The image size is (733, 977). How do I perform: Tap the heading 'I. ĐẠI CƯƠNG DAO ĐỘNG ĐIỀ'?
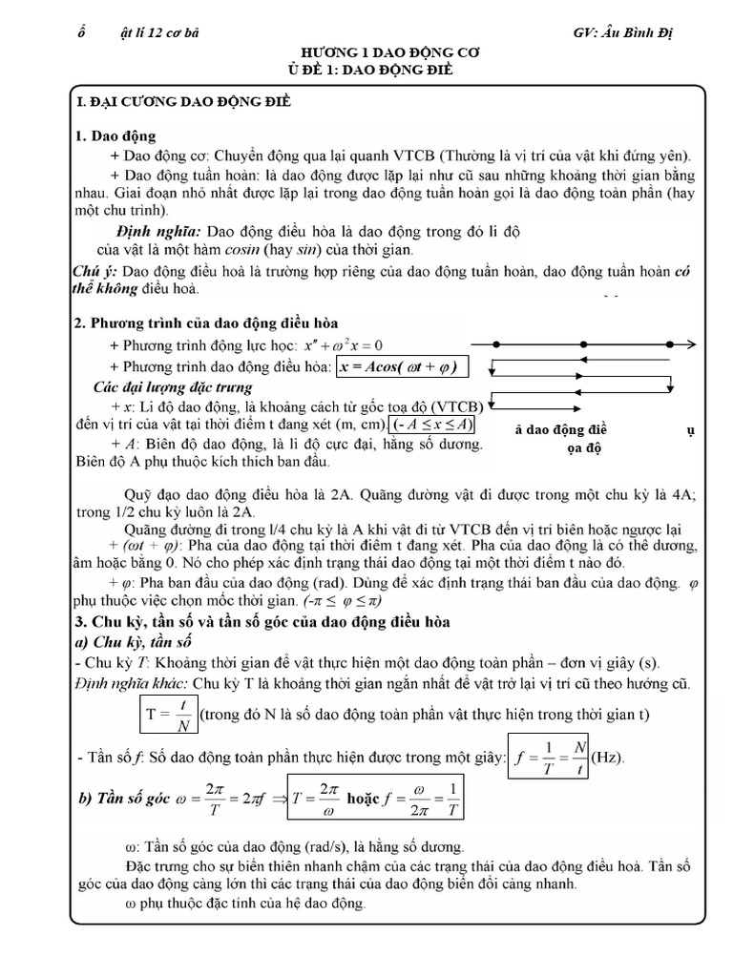[183, 100]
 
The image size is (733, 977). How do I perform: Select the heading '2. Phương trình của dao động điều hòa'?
[205, 323]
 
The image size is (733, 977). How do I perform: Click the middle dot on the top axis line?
[582, 343]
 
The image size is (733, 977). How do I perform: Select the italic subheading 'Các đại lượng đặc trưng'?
[173, 387]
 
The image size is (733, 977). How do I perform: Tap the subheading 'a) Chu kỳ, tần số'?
[137, 642]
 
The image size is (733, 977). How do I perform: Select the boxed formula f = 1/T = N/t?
[548, 759]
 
